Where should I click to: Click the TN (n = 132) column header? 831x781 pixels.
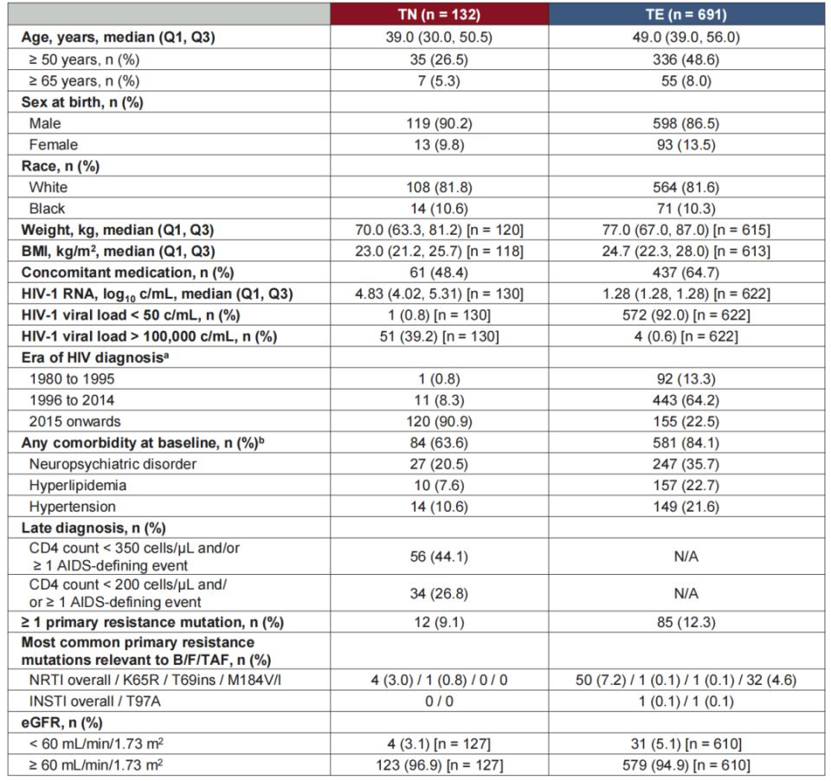tap(441, 14)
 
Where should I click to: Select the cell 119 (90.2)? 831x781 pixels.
tap(441, 124)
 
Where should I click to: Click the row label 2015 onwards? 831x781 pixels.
tap(75, 422)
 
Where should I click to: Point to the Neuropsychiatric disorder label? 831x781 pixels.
tap(113, 464)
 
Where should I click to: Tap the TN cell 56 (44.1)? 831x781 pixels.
tap(441, 556)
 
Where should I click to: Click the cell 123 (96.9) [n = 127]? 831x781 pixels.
tap(441, 764)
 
